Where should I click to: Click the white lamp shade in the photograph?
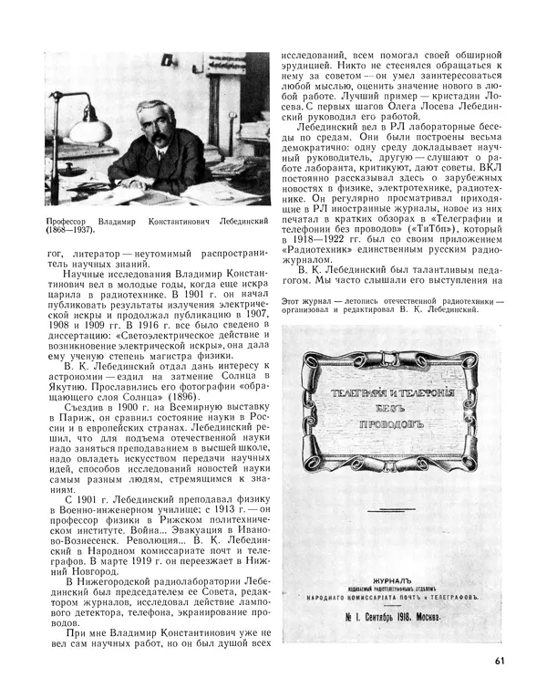pos(88,130)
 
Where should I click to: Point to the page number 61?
pos(501,662)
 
